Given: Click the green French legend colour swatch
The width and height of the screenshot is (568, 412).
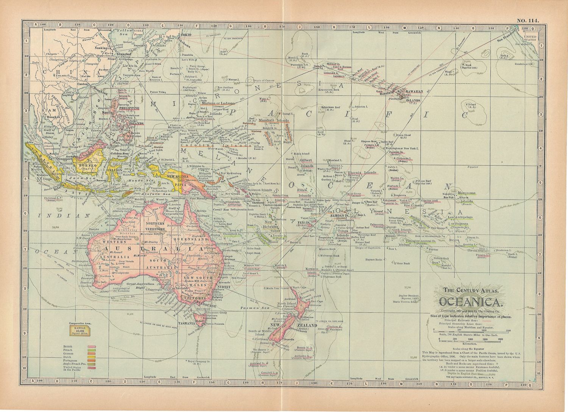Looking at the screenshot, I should (91, 351).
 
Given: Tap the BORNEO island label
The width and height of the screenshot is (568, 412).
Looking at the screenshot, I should (86, 165).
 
